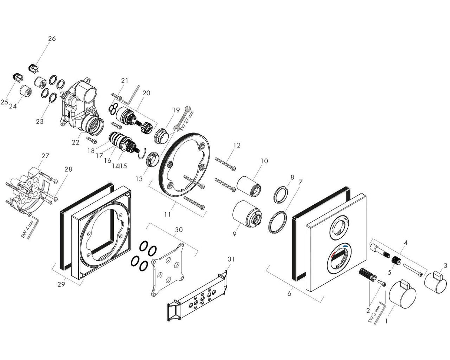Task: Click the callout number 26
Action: pyautogui.click(x=52, y=38)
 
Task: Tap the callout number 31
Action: pyautogui.click(x=231, y=259)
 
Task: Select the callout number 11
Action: pyautogui.click(x=168, y=214)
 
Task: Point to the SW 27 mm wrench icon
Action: pyautogui.click(x=184, y=118)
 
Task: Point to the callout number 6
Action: pyautogui.click(x=289, y=294)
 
